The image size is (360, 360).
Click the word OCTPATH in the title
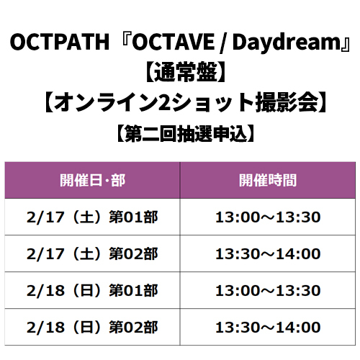pos(60,42)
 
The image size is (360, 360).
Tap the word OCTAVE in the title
pos(174,42)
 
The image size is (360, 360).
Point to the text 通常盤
pos(185,72)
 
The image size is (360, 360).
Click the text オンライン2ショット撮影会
pos(185,102)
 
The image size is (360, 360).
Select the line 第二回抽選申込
pos(185,134)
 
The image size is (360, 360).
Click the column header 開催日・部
pos(92,180)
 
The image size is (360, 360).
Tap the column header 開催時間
pos(268,180)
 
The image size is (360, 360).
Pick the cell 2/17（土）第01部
pos(92,217)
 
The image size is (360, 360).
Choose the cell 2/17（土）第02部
pos(92,254)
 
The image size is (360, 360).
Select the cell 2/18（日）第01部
pos(92,291)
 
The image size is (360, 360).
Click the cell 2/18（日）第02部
pos(92,328)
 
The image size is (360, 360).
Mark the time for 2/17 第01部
pos(268,217)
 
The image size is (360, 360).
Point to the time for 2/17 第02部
pos(268,254)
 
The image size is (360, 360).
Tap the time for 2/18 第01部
pos(268,291)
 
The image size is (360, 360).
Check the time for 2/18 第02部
pos(268,328)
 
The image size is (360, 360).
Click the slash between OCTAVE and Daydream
pos(223,43)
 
